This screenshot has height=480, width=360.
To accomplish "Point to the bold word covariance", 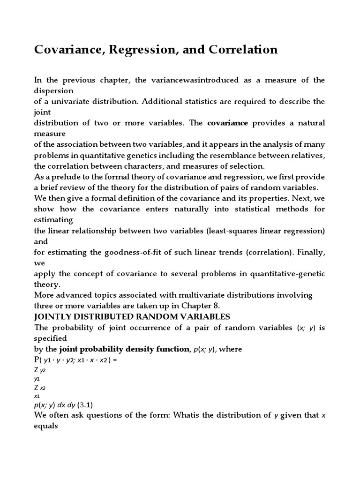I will tap(227, 123).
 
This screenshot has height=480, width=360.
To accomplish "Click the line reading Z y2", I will tap(39, 370).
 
